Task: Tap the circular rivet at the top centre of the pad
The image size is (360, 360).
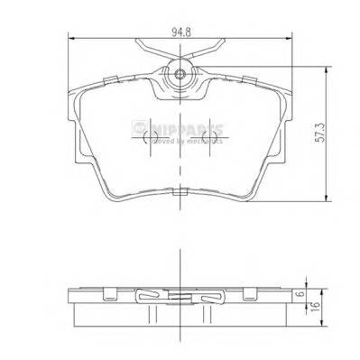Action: [180, 75]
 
